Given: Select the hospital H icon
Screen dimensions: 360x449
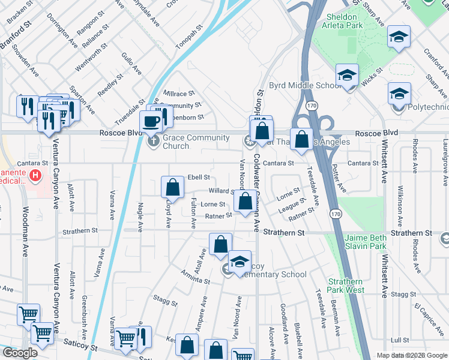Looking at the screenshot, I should [36, 176].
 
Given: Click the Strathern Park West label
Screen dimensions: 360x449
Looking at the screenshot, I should [346, 286].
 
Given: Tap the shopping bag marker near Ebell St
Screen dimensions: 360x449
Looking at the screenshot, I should [172, 187].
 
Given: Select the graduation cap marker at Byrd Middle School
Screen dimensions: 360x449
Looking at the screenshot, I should [346, 76].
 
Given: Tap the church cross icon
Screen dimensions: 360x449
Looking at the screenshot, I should [154, 142].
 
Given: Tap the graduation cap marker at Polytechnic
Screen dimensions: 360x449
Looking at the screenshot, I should [399, 94].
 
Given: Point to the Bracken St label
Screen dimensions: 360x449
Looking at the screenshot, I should [20, 12].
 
